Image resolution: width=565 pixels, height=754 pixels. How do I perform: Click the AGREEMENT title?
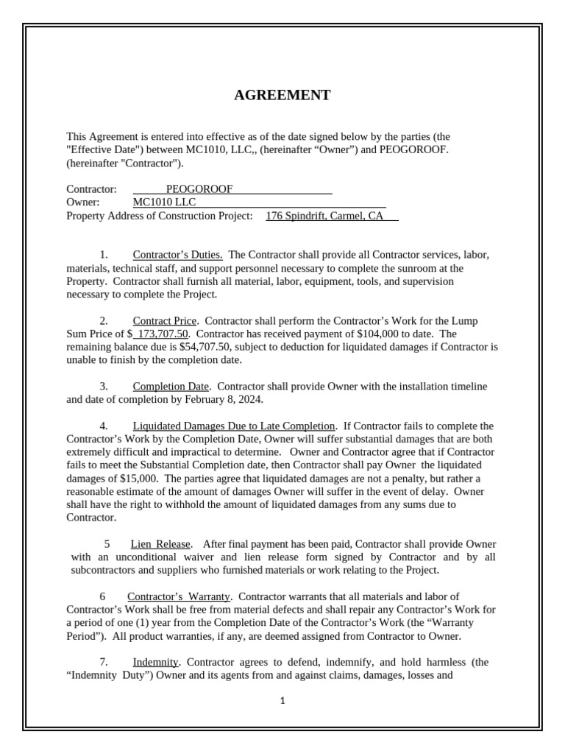tap(282, 95)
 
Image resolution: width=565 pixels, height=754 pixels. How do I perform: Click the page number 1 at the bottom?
tap(282, 701)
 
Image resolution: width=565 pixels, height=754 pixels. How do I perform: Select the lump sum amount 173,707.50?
tap(157, 334)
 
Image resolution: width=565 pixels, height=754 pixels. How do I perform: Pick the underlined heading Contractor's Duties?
tap(177, 255)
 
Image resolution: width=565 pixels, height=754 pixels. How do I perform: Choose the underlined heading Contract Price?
tap(164, 321)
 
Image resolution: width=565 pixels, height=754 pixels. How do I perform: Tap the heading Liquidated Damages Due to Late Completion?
tap(234, 426)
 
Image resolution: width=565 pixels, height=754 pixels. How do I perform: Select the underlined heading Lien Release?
tap(161, 544)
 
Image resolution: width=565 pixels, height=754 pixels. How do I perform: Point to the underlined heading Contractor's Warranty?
tap(179, 596)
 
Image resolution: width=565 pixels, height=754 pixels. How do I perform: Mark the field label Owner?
tap(82, 202)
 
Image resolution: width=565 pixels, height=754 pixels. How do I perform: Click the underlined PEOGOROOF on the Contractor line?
tap(199, 189)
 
